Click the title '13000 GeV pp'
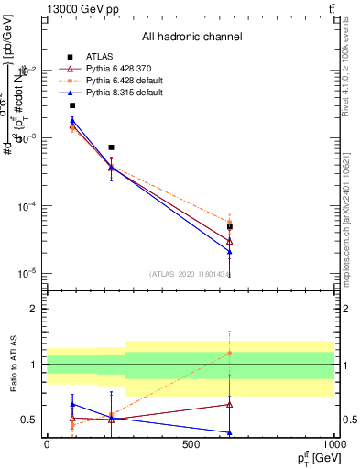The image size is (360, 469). pos(80,8)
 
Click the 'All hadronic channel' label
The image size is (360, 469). pos(191,37)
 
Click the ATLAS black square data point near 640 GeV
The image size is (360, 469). pos(230,226)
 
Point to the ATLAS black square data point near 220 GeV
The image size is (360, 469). pos(111,147)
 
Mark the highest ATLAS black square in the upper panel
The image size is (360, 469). pos(72,105)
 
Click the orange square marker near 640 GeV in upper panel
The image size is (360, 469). pos(230,221)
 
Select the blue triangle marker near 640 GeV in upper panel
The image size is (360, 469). pos(230,252)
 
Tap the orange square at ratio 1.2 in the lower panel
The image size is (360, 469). pos(230,353)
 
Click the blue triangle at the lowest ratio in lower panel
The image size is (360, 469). pos(230,432)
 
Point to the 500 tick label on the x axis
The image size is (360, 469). pos(191,446)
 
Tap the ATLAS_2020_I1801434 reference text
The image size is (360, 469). pos(190,274)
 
